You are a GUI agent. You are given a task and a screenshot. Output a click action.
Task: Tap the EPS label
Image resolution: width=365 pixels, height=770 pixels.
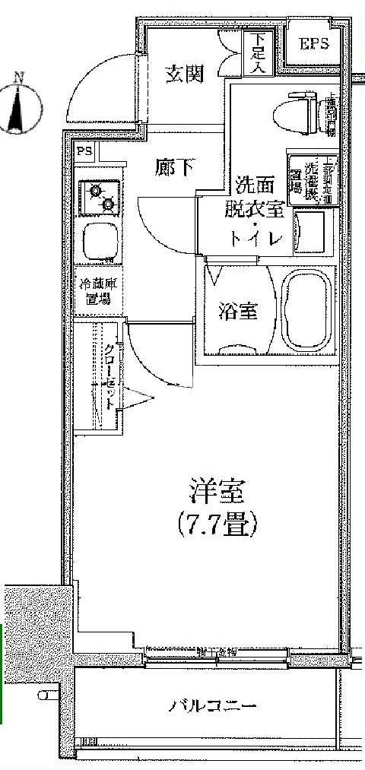pyautogui.click(x=315, y=44)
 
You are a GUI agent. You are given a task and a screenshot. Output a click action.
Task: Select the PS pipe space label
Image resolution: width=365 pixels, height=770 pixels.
pyautogui.click(x=84, y=151)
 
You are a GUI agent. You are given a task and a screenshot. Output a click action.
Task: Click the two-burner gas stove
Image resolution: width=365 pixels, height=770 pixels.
pyautogui.click(x=99, y=196)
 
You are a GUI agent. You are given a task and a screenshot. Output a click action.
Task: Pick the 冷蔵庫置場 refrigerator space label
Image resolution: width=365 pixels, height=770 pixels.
pyautogui.click(x=97, y=293)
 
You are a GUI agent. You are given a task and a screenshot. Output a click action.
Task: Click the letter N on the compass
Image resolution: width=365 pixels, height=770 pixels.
pyautogui.click(x=21, y=76)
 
